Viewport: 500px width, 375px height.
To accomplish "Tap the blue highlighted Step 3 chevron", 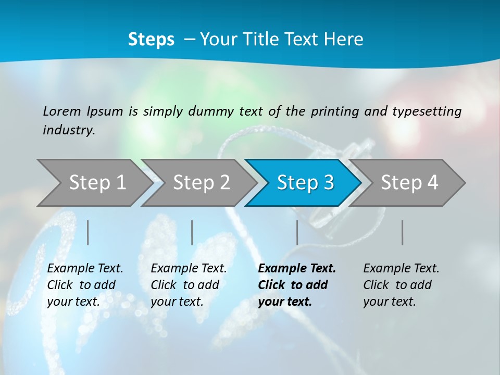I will [305, 183].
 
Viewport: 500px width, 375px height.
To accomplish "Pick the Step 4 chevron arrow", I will [409, 183].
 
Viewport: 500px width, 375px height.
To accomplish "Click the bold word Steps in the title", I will [151, 39].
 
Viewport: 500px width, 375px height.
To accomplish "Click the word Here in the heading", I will [343, 39].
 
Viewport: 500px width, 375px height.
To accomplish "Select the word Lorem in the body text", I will [62, 111].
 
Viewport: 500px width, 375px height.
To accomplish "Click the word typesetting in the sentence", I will [427, 111].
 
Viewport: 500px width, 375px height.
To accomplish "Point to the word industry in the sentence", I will [69, 130].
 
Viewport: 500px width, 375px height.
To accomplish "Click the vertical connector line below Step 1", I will [88, 232].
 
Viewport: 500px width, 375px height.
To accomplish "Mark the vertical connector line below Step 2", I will [192, 232].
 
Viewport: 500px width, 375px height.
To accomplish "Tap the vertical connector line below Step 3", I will [297, 232].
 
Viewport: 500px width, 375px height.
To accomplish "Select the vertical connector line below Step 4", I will [403, 232].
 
